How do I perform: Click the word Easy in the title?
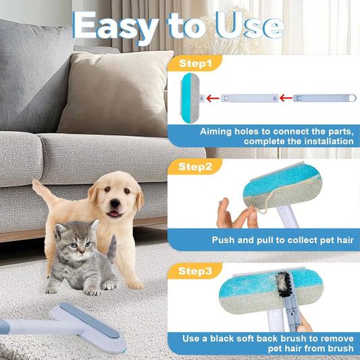(x=115, y=26)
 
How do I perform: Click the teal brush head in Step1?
(x=187, y=98)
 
